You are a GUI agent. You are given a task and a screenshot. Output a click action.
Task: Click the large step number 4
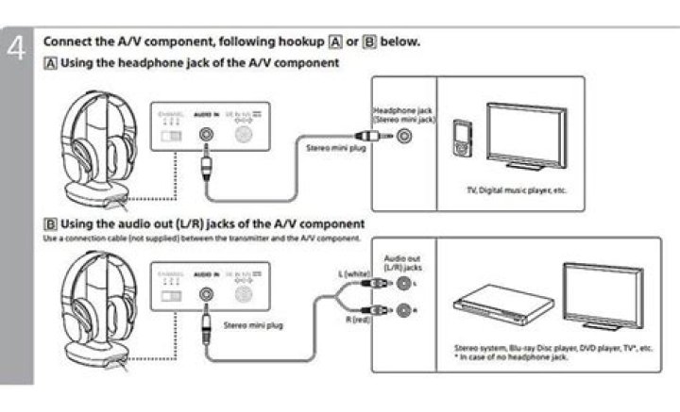(x=16, y=50)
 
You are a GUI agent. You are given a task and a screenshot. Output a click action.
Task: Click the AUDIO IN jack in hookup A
(x=205, y=135)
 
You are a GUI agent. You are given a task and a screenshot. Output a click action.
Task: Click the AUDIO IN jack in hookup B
(x=205, y=291)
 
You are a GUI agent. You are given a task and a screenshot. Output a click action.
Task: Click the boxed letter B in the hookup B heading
(x=50, y=223)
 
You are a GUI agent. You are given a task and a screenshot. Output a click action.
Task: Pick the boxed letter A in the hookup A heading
(x=50, y=63)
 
